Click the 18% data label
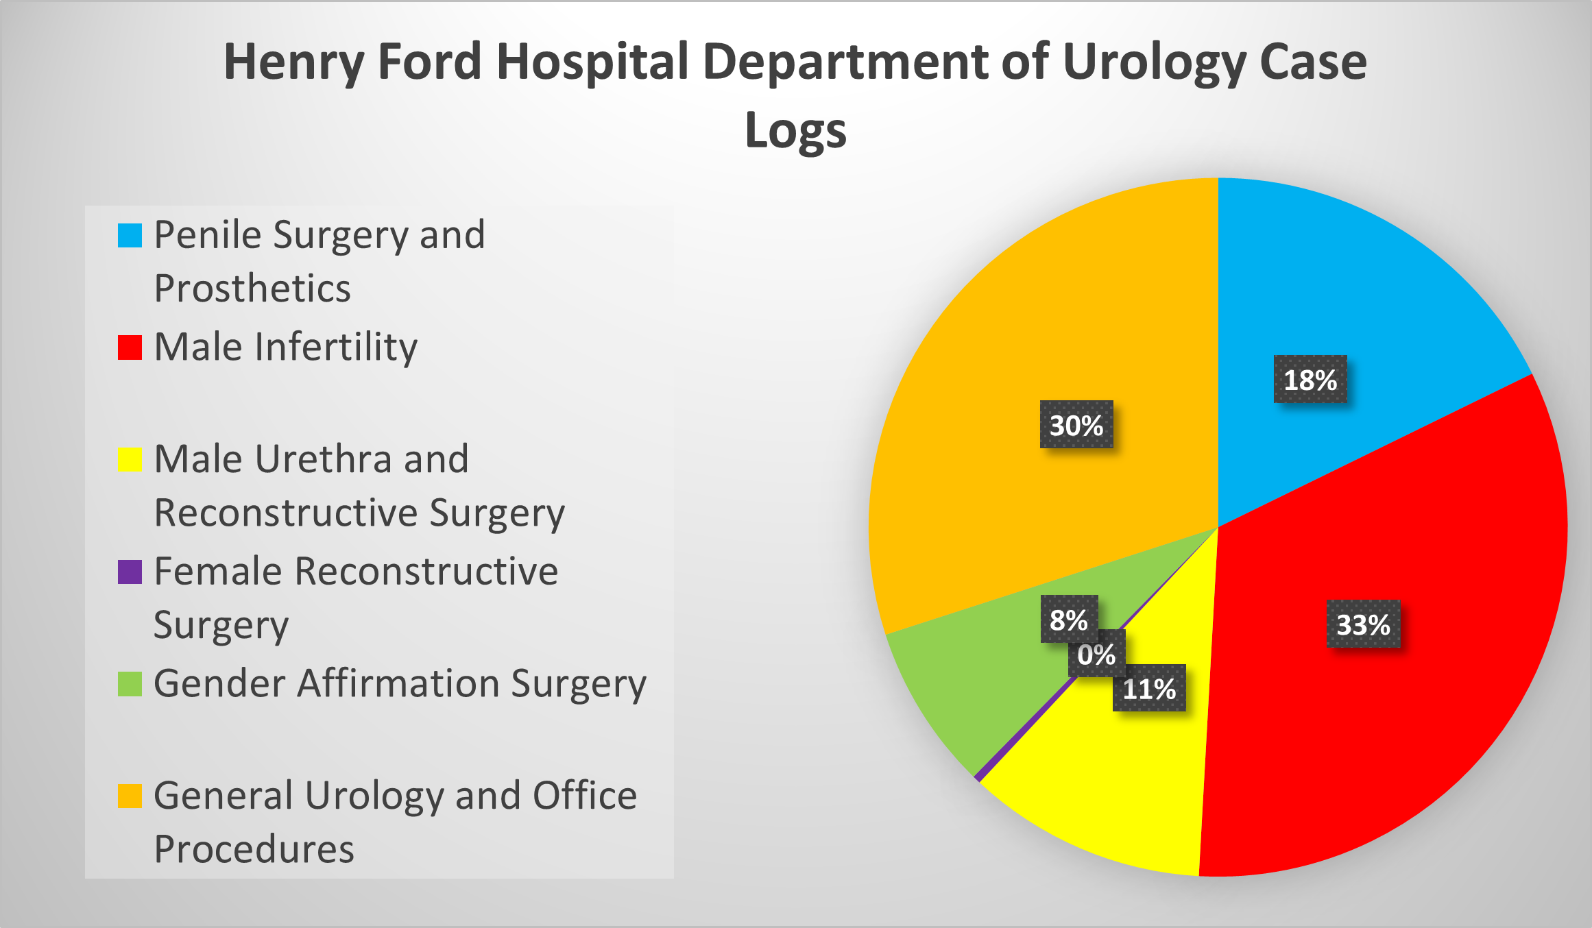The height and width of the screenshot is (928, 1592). [x=1310, y=379]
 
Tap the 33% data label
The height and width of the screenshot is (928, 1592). [x=1363, y=624]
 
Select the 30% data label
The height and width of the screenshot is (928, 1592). [x=1076, y=425]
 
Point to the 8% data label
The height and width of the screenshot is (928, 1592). [x=1068, y=620]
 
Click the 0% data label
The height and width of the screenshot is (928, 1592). [x=1096, y=655]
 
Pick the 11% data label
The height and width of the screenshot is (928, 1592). [x=1148, y=688]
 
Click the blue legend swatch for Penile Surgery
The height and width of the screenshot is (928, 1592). [x=130, y=235]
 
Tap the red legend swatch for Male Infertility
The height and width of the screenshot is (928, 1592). [x=130, y=347]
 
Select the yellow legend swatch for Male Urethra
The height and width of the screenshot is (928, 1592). [x=130, y=459]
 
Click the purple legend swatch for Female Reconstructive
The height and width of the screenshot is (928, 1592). [x=130, y=572]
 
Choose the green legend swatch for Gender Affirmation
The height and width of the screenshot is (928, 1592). [x=130, y=684]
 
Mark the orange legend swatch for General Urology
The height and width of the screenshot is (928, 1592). [x=130, y=796]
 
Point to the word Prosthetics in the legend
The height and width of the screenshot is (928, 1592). [x=252, y=288]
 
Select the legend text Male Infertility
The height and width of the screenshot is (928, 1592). [x=285, y=347]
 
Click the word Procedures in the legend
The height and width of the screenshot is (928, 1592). [x=254, y=849]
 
